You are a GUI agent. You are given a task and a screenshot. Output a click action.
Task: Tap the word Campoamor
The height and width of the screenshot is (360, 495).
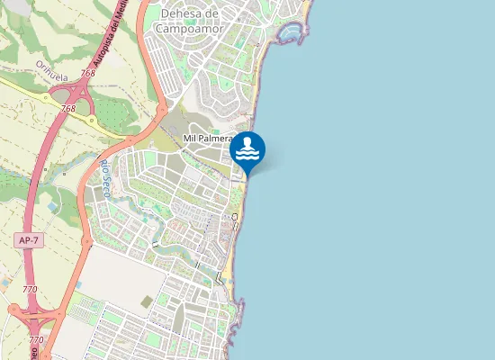191,28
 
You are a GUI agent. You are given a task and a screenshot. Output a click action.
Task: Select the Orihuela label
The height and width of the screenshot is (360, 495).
53,69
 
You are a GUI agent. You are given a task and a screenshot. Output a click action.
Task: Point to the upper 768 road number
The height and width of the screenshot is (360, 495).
87,73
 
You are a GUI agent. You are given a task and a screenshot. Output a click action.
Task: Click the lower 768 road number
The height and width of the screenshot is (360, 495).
68,108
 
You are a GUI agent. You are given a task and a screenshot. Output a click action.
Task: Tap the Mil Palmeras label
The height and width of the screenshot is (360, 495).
208,139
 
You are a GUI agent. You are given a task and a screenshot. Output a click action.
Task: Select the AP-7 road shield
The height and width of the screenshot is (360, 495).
28,240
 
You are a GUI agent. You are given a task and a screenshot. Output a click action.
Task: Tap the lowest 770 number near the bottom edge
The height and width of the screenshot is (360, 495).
35,339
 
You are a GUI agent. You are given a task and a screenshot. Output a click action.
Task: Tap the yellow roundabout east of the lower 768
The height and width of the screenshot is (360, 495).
91,120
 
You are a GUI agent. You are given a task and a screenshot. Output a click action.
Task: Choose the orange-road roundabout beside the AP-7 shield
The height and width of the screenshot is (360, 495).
84,240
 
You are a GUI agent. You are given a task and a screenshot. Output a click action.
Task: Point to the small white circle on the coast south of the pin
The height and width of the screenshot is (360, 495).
235,218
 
